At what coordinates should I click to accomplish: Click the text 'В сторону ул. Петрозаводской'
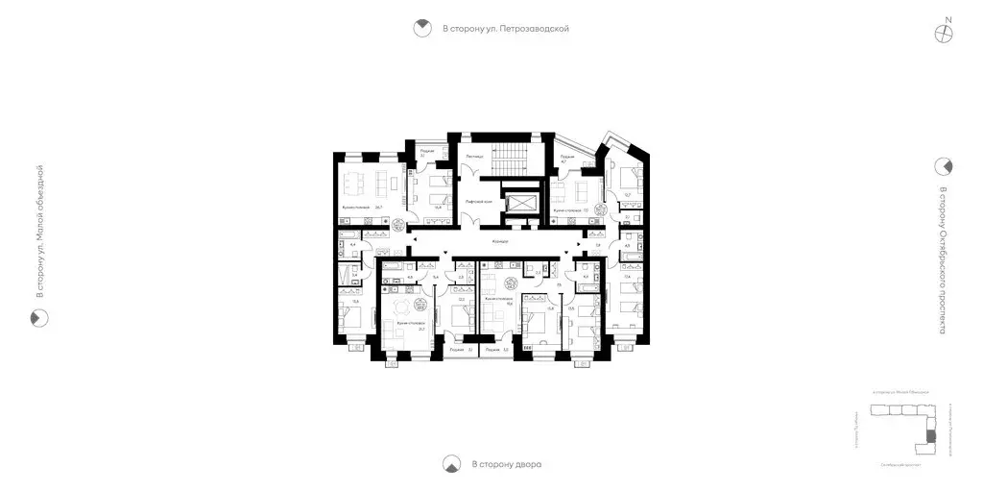point(506,29)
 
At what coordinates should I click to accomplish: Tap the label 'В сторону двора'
point(507,465)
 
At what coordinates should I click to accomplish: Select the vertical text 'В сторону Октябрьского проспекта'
point(944,259)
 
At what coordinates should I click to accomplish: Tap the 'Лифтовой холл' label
point(478,203)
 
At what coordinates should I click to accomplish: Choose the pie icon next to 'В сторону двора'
point(450,465)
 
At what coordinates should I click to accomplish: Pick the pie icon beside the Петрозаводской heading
point(421,29)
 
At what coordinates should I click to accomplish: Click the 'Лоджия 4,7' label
point(567,159)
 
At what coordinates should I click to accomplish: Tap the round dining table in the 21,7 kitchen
point(420,307)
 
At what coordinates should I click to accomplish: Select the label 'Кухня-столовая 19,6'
point(501,300)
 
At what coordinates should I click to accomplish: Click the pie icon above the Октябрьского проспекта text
point(945,165)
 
